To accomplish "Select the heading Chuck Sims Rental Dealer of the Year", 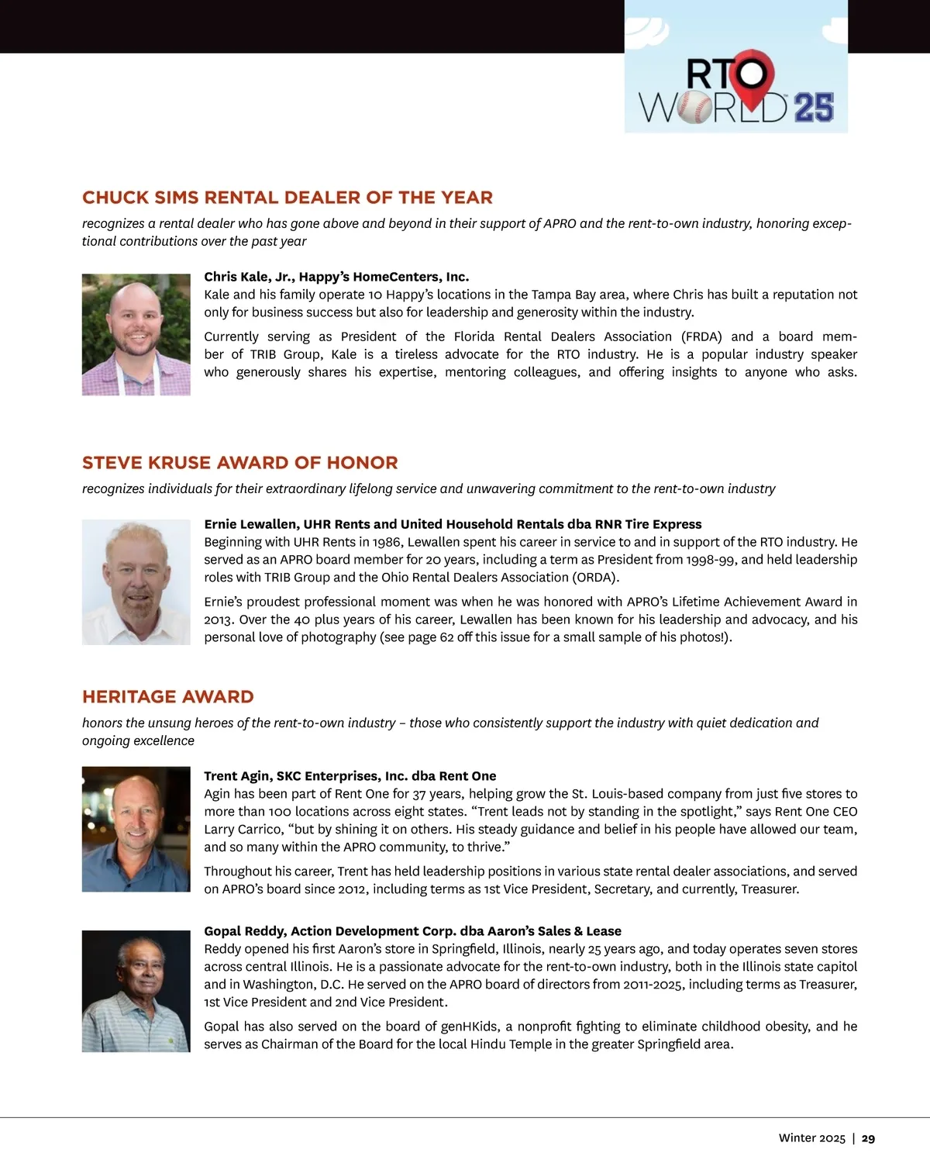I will pyautogui.click(x=288, y=198).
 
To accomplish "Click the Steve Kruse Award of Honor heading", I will pyautogui.click(x=240, y=463).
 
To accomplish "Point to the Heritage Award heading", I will pyautogui.click(x=168, y=697).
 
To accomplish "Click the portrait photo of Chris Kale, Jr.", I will pyautogui.click(x=136, y=334).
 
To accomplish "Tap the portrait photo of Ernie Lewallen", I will pyautogui.click(x=136, y=582).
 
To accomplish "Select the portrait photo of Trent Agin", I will pyautogui.click(x=136, y=829).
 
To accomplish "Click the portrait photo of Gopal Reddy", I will pyautogui.click(x=136, y=991).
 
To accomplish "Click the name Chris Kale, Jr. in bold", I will pyautogui.click(x=248, y=277).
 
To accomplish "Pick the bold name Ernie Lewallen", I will pyautogui.click(x=250, y=524).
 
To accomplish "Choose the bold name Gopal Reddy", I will pyautogui.click(x=244, y=931).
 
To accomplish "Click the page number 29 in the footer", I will pyautogui.click(x=868, y=1138).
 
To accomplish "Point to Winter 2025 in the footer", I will pyautogui.click(x=811, y=1138).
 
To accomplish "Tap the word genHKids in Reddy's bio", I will pyautogui.click(x=470, y=1027).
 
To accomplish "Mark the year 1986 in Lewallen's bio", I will pyautogui.click(x=387, y=542).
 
